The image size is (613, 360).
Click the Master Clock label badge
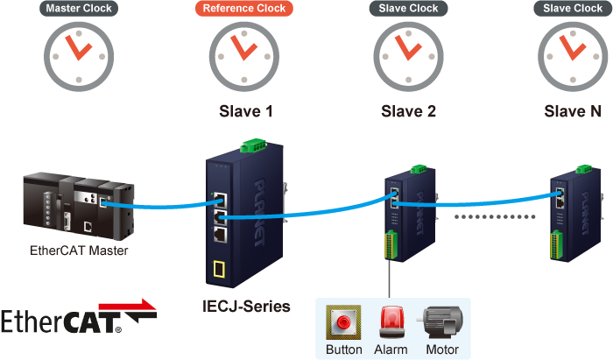77,10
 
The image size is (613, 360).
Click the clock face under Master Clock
77,53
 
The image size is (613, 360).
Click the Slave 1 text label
245,112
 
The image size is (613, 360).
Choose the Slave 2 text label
409,112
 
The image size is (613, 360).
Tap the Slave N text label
573,112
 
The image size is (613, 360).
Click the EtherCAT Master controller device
79,207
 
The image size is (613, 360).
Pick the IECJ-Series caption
244,307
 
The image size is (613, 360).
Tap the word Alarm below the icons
391,349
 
